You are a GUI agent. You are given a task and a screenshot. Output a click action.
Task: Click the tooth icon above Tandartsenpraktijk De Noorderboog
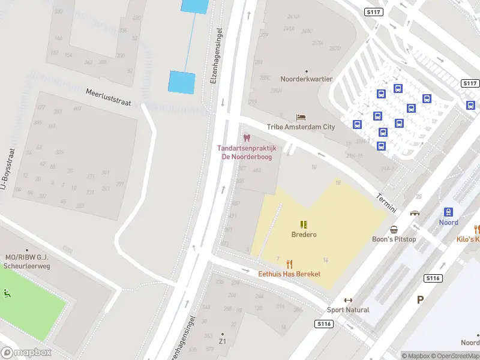click(247, 139)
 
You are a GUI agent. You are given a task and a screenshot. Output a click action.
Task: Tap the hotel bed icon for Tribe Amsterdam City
click(301, 117)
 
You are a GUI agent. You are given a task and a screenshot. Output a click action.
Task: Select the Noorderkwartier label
click(307, 79)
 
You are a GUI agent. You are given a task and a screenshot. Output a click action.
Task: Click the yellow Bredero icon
click(304, 224)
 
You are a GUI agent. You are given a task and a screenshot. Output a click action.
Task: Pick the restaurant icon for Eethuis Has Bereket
click(289, 263)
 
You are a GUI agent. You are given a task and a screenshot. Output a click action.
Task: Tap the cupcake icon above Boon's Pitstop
click(394, 229)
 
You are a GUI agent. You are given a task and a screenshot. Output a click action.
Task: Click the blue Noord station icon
click(448, 212)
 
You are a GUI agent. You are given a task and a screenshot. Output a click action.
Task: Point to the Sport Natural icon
click(348, 300)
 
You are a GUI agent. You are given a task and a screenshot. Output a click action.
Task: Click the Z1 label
click(223, 341)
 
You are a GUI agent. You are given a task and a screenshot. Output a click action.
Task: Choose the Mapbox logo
click(26, 353)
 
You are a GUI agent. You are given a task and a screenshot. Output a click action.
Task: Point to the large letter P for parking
click(420, 299)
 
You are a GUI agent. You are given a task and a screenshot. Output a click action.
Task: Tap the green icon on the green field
click(7, 293)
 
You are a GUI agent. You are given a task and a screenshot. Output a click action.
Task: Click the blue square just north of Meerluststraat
click(182, 82)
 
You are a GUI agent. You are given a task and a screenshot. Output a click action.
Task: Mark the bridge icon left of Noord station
click(415, 213)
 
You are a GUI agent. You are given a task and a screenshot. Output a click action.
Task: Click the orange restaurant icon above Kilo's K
click(477, 229)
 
